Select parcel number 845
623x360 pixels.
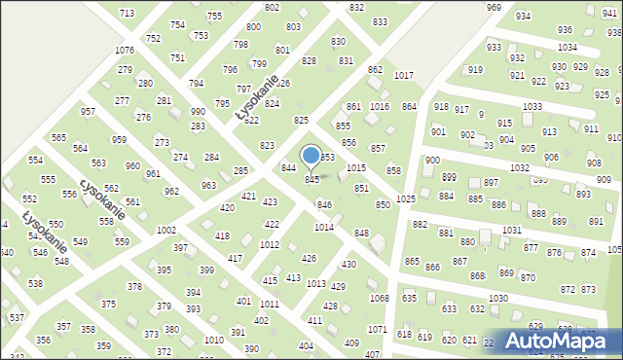[311, 180]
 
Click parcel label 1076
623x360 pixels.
[124, 50]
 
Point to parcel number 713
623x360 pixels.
[127, 13]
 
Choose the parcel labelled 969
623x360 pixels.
[494, 7]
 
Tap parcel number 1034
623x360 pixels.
[567, 47]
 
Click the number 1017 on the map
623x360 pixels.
[403, 75]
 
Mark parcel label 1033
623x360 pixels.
[531, 106]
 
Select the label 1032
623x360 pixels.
[519, 167]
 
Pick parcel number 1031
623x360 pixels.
[512, 230]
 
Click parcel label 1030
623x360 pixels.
[498, 298]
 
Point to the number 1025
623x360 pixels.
[406, 198]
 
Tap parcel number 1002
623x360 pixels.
[166, 230]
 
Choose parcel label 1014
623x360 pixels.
[324, 227]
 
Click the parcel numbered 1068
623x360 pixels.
[379, 298]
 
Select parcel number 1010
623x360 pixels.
[213, 340]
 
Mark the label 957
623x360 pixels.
[88, 112]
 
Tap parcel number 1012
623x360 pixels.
[271, 245]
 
